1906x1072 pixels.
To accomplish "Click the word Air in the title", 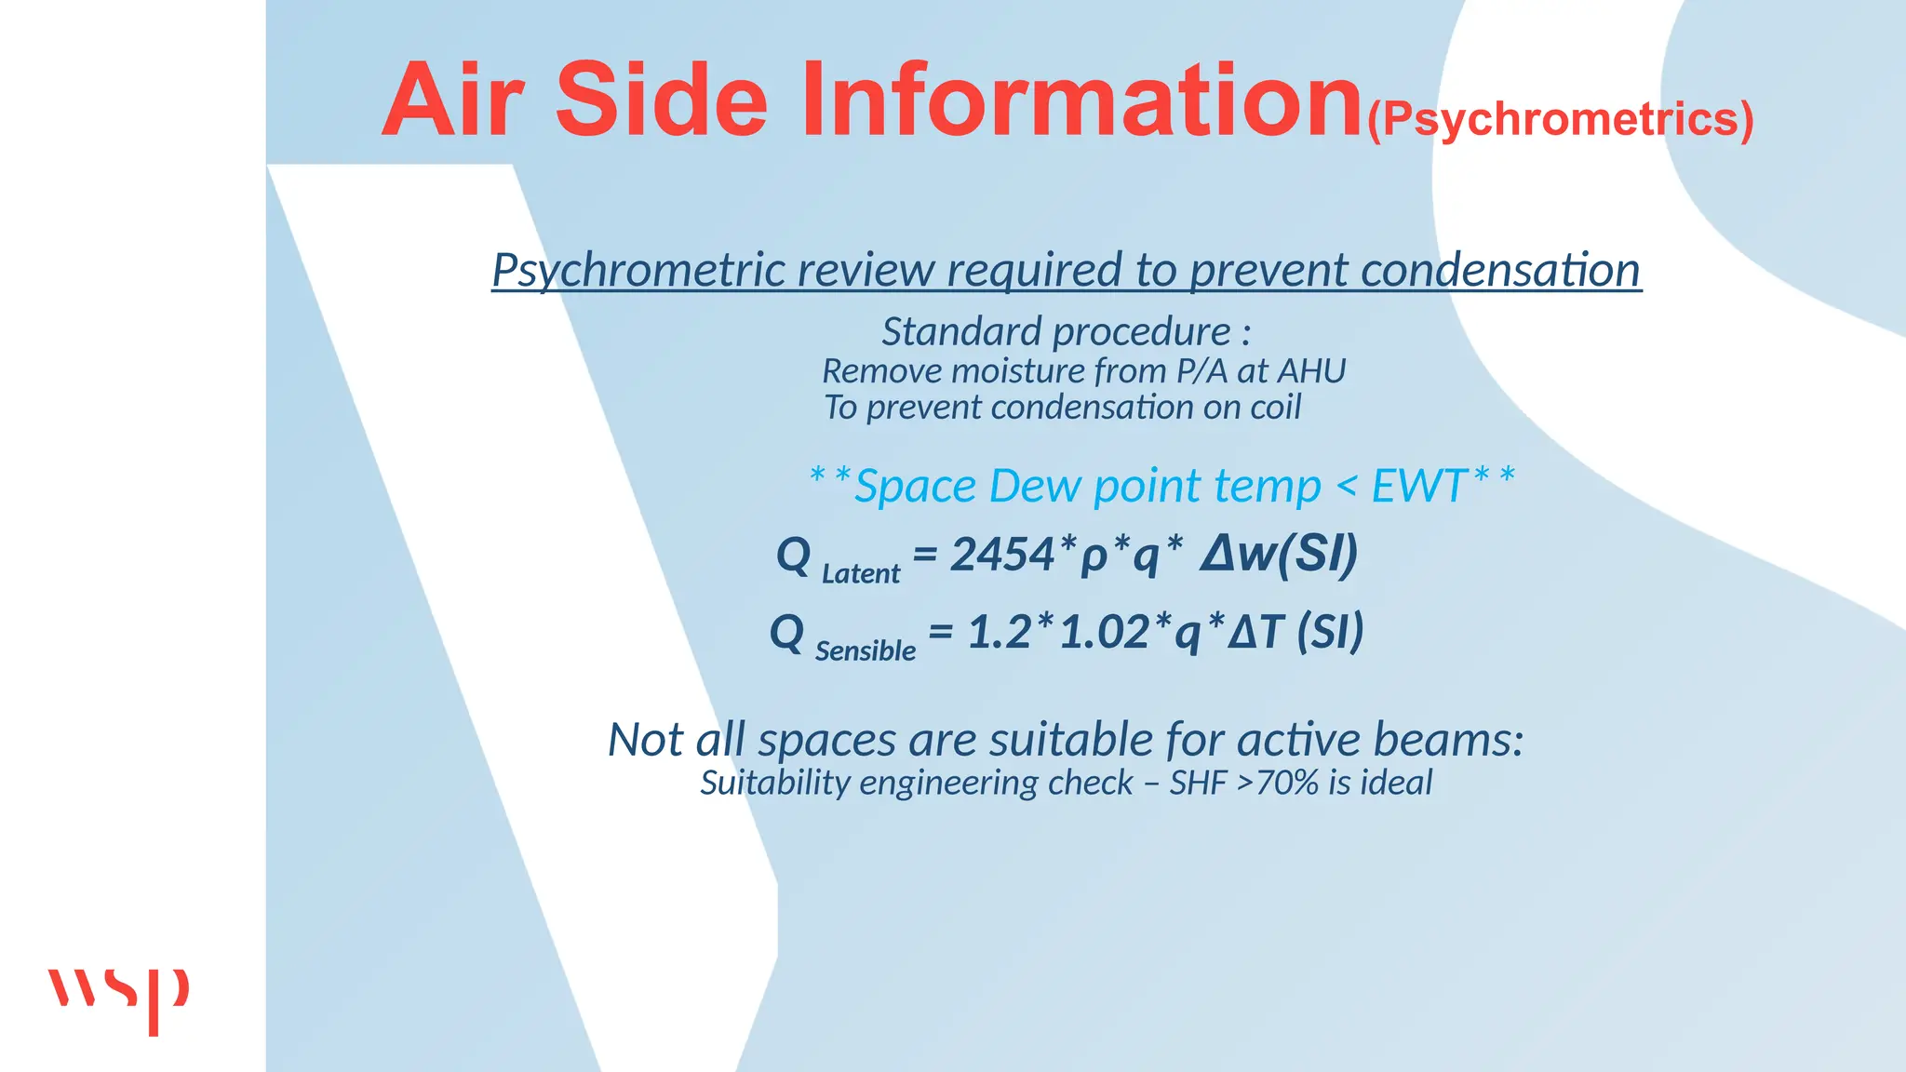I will tap(453, 100).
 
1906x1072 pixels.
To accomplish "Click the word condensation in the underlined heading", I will tap(1500, 270).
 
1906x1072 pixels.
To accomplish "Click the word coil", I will tap(1275, 407).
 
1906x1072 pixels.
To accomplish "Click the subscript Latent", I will tap(861, 573).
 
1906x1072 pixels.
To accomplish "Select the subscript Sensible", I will tap(866, 650).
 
